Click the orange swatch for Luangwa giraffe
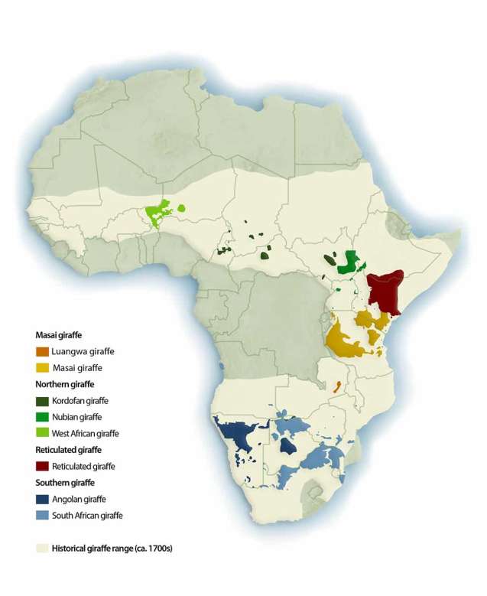pyautogui.click(x=43, y=351)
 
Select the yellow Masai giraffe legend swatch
pyautogui.click(x=43, y=367)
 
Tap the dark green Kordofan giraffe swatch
pyautogui.click(x=43, y=400)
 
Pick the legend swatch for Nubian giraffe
pyautogui.click(x=43, y=417)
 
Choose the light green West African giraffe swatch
pyautogui.click(x=43, y=433)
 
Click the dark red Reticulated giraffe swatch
pyautogui.click(x=43, y=466)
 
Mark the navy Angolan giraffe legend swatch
pyautogui.click(x=43, y=499)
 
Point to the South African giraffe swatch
pyautogui.click(x=43, y=515)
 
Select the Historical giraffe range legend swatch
pyautogui.click(x=43, y=549)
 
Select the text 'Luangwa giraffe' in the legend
pyautogui.click(x=83, y=351)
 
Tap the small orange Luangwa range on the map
pyautogui.click(x=336, y=388)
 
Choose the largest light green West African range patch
pyautogui.click(x=161, y=212)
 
